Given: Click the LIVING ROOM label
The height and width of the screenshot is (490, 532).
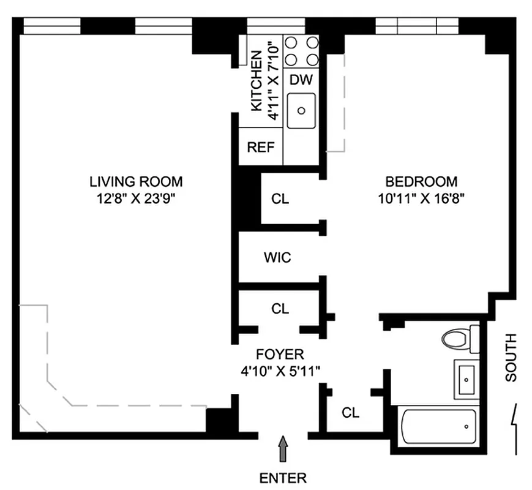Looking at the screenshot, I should pos(136,182).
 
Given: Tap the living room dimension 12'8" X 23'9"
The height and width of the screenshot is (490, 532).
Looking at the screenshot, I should pos(136,198).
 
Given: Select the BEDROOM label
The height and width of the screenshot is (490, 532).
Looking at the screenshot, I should pos(421,182).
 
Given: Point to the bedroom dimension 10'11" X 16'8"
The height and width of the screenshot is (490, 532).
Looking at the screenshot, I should pos(421,198).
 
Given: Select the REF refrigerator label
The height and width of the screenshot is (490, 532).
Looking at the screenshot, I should pos(261,148).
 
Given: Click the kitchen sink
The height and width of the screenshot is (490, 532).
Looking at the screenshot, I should pos(301,110).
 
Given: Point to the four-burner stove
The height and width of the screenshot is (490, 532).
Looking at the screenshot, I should pos(302,51).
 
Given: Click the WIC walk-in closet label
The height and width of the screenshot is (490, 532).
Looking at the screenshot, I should pos(277,258).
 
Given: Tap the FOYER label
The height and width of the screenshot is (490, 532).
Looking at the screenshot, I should pos(280,354).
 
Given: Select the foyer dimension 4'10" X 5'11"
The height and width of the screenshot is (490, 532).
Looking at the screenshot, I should pos(280,370).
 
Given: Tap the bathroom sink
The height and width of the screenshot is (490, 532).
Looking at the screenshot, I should pos(466,379).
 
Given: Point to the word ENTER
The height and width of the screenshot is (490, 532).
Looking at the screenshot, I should pos(283,477).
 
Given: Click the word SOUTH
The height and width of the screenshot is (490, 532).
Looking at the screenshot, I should pos(511,358).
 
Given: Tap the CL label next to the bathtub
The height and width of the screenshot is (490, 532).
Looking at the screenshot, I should pos(350,413).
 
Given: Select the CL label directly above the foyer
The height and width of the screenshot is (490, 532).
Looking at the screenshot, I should pos(280,309).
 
